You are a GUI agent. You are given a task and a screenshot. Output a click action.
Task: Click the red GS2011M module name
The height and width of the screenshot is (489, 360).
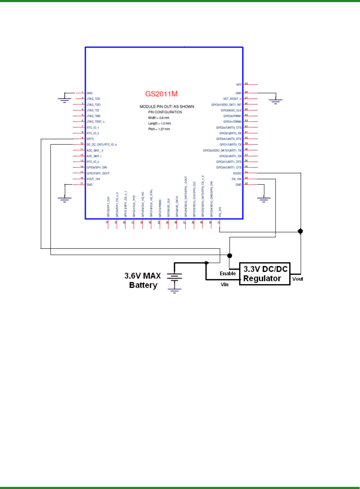pyautogui.click(x=161, y=94)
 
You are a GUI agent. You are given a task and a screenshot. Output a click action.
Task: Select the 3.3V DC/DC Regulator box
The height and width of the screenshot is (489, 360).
pyautogui.click(x=265, y=274)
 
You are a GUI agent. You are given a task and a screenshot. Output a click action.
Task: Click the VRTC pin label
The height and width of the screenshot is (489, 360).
pyautogui.click(x=91, y=139)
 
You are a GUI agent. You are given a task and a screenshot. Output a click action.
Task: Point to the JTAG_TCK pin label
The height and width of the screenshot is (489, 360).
pyautogui.click(x=93, y=99)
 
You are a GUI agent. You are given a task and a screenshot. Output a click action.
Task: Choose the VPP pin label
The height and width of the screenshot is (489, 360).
pyautogui.click(x=239, y=85)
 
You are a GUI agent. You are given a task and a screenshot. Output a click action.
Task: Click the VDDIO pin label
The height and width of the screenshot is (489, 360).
pyautogui.click(x=237, y=173)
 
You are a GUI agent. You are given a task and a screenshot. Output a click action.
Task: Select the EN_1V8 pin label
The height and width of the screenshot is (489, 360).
pyautogui.click(x=236, y=179)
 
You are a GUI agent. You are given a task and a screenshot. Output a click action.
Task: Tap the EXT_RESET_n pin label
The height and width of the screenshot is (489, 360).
pyautogui.click(x=232, y=99)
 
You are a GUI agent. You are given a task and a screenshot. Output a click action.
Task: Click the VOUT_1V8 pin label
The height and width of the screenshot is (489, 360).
pyautogui.click(x=93, y=179)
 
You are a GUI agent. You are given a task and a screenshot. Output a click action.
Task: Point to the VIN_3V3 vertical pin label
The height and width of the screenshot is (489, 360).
pyautogui.click(x=220, y=212)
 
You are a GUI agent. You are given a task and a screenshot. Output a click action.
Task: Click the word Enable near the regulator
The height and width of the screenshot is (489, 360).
pyautogui.click(x=228, y=274)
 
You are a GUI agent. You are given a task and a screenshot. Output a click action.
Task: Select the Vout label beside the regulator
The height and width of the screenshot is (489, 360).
pyautogui.click(x=298, y=279)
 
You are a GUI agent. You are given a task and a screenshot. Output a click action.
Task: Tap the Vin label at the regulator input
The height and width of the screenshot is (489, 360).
pyautogui.click(x=225, y=284)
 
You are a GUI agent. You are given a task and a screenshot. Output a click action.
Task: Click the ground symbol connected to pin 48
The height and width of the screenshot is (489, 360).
pyautogui.click(x=275, y=101)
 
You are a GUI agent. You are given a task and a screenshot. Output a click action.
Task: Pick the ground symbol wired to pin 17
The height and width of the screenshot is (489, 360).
pyautogui.click(x=64, y=199)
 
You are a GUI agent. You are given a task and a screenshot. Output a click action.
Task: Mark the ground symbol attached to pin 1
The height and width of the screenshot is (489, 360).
pyautogui.click(x=64, y=99)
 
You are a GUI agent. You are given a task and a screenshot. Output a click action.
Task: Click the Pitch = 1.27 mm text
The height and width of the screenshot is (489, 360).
pyautogui.click(x=159, y=129)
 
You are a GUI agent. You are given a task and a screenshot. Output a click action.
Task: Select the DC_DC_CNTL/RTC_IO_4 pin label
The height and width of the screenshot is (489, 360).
pyautogui.click(x=101, y=145)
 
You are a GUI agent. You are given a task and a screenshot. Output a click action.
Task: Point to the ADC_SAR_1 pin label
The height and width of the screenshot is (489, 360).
pyautogui.click(x=94, y=156)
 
